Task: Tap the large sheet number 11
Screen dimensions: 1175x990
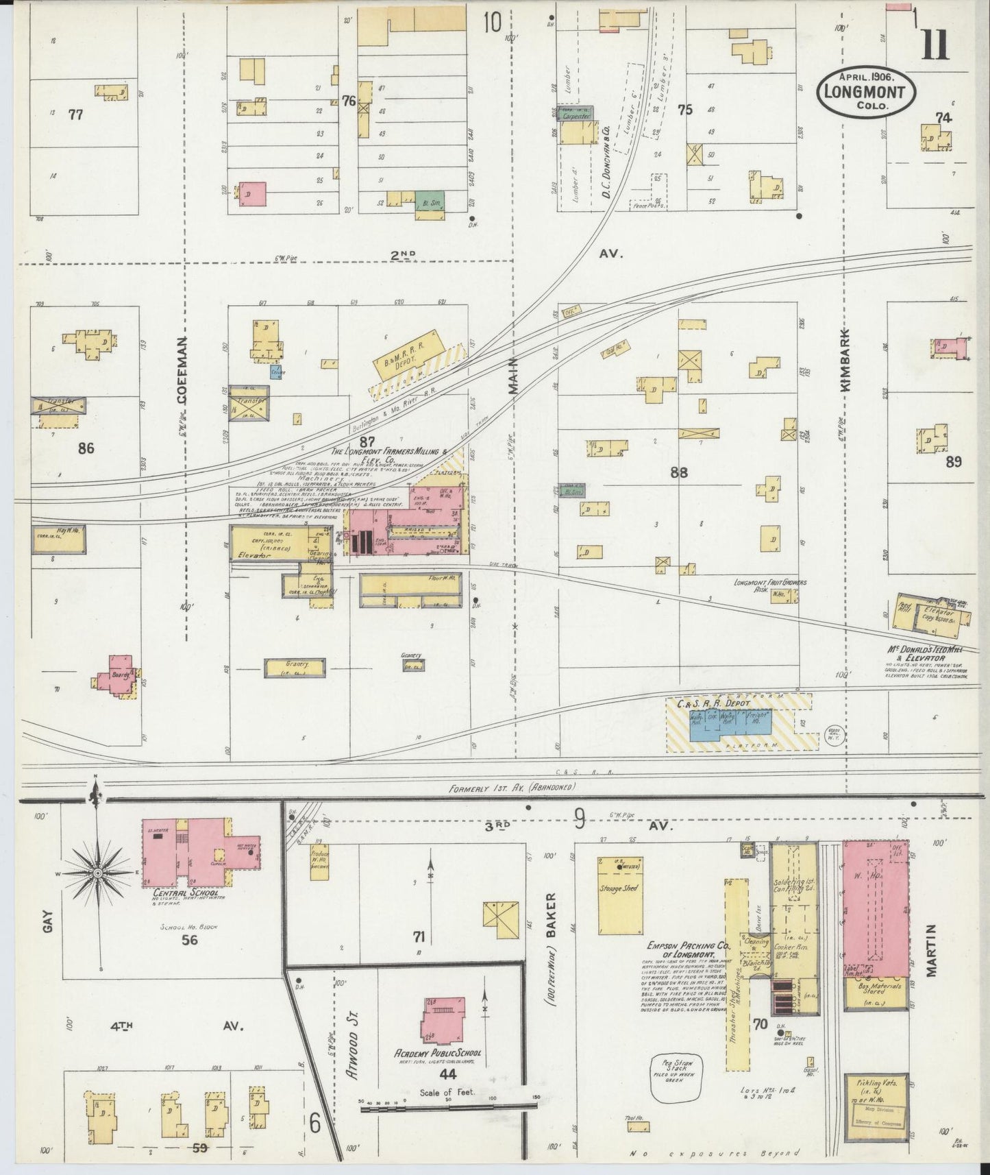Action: (x=935, y=46)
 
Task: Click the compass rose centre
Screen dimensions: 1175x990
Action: (x=98, y=873)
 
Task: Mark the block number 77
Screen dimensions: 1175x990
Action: (x=75, y=114)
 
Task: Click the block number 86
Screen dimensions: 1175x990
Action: (x=86, y=449)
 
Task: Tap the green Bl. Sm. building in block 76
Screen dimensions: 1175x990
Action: (x=430, y=199)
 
